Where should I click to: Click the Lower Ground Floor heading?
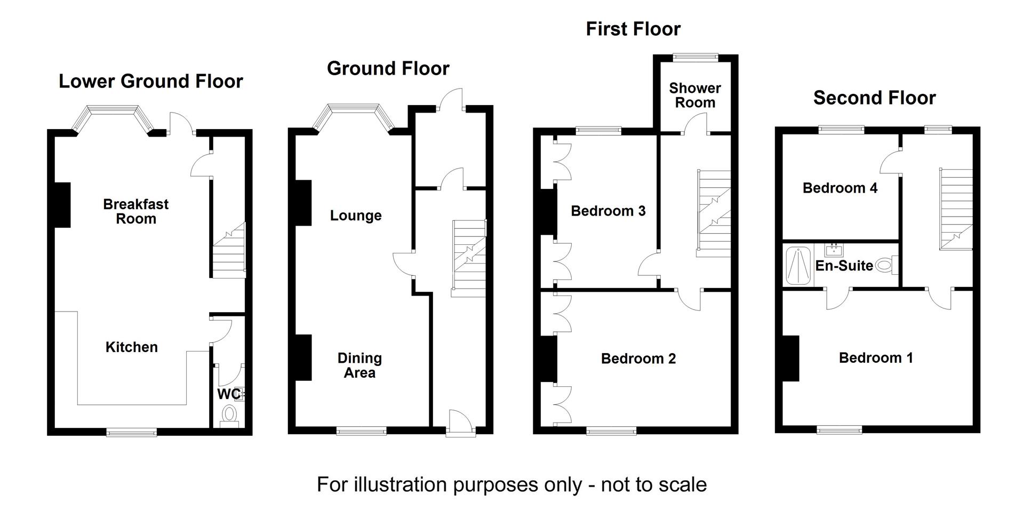point(151,81)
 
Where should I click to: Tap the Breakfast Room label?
point(136,211)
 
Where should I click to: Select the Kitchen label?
point(132,347)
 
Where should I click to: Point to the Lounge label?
point(356,216)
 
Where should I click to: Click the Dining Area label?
point(359,365)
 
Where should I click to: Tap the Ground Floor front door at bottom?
point(460,424)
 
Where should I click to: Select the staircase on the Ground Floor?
point(469,258)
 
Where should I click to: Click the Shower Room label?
point(695,95)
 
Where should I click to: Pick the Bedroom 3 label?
point(608,211)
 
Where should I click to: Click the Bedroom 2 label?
point(638,358)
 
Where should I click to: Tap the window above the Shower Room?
point(695,58)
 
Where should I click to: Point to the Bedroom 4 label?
point(840,188)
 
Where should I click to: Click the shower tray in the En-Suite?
point(798,266)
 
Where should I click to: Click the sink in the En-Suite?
point(833,250)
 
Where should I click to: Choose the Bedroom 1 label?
point(876,357)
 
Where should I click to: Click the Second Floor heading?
point(875,98)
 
